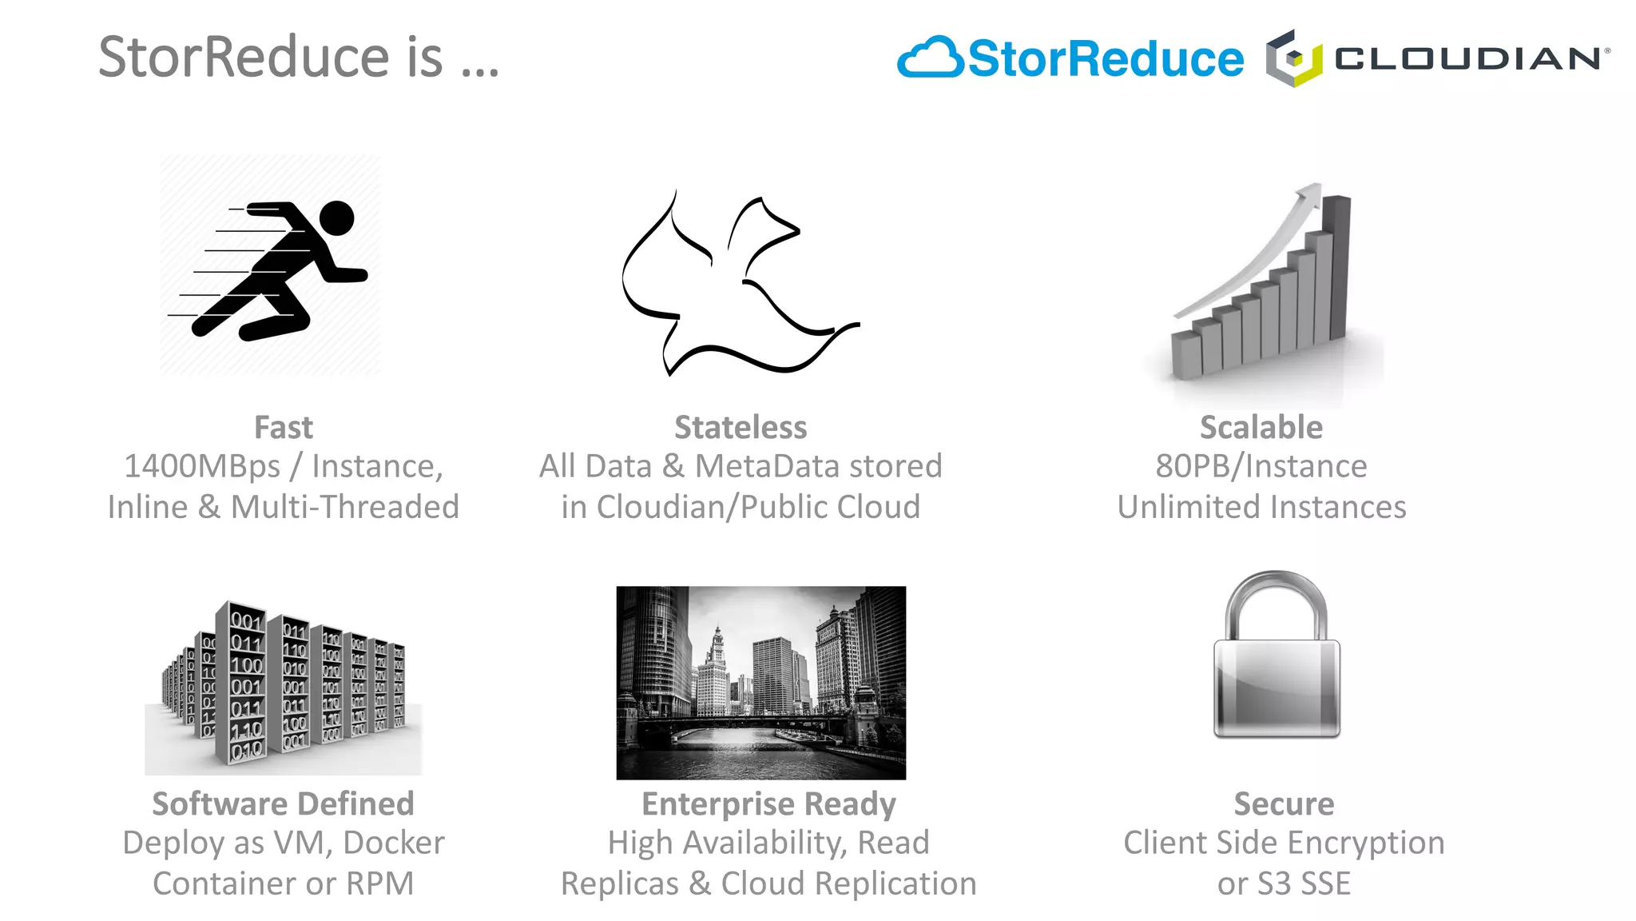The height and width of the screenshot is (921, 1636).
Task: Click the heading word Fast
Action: [x=283, y=428]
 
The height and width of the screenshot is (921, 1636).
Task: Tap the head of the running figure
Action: [x=337, y=217]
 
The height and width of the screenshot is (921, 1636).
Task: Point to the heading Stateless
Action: [x=741, y=428]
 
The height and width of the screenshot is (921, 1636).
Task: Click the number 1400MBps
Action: [x=202, y=467]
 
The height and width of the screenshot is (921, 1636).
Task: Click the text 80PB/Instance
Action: [x=1261, y=467]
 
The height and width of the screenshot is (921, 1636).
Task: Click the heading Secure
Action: [x=1284, y=804]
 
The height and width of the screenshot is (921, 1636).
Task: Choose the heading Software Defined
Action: [x=283, y=804]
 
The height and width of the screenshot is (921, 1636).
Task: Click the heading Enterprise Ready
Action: [x=768, y=804]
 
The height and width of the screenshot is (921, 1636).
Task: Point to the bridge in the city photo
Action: [x=751, y=724]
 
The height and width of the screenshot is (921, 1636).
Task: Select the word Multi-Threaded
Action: [x=344, y=508]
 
